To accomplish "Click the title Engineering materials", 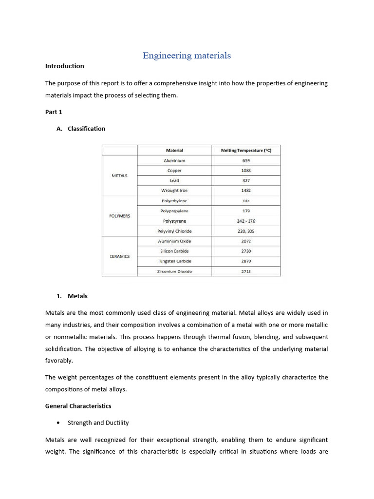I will point(187,56).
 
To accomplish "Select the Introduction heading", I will point(65,66).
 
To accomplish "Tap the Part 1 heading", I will point(54,112).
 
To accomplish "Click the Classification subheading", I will point(86,129).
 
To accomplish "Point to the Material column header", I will point(174,151).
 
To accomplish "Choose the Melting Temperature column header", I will point(246,151).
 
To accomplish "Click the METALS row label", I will point(119,175).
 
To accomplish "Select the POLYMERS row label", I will point(119,216).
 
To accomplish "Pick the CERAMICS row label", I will point(119,256).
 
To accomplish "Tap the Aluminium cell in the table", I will point(174,160).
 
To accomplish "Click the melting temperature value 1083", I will point(246,171).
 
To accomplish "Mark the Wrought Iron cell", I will point(174,191).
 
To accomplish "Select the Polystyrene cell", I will point(174,221).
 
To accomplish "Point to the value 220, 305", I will point(246,231).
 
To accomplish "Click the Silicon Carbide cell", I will point(174,251).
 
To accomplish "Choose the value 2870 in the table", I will point(246,261).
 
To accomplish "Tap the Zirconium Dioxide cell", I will point(174,271).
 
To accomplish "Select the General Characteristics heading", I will point(78,406).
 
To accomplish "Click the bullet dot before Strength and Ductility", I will point(58,423).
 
